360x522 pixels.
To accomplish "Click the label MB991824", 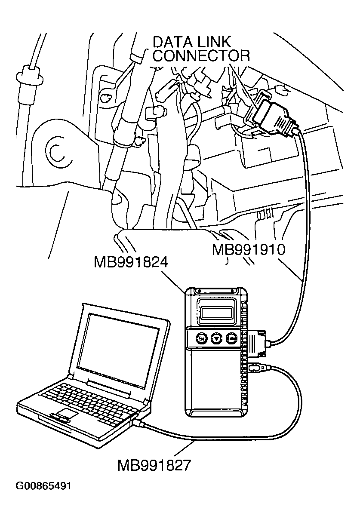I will coord(130,262).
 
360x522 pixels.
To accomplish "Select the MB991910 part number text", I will coord(249,250).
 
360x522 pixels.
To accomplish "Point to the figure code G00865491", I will coord(43,487).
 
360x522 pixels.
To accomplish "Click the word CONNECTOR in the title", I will coord(201,56).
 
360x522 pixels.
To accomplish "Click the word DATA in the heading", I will coord(172,43).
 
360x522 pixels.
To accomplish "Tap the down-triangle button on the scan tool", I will coord(216,339).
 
